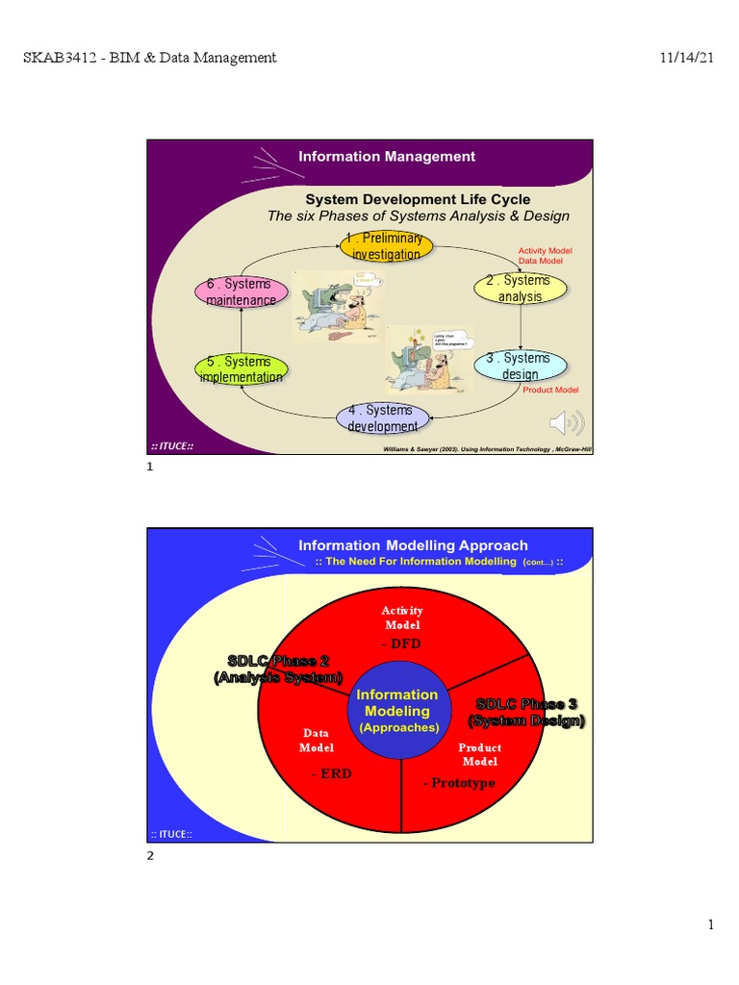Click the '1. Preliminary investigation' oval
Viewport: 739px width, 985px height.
coord(386,246)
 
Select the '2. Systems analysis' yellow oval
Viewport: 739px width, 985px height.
coord(521,289)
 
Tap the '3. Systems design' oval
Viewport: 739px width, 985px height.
coord(521,366)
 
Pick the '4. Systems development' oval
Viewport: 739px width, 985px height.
coord(383,418)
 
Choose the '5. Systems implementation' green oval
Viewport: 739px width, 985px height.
coord(242,369)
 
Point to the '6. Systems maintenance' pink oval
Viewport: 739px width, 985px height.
coord(241,291)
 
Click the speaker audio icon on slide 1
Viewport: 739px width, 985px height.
coord(566,422)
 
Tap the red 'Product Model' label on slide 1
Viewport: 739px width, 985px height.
coord(550,390)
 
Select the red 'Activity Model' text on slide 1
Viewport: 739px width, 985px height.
coord(545,251)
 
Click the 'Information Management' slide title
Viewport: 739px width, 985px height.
coord(387,156)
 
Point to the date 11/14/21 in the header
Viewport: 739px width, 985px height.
coord(686,58)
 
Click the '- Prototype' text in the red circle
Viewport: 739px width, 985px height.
coord(459,783)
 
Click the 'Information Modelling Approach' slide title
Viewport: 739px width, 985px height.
coord(413,545)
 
